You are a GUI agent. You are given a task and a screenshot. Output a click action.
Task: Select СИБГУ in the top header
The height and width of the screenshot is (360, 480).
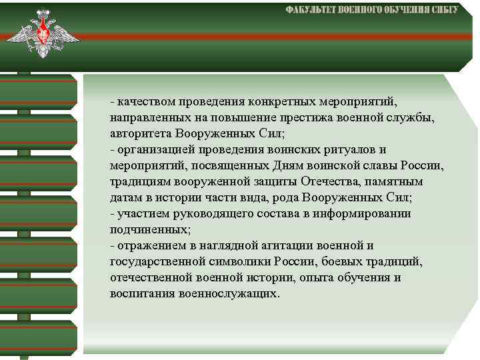click(442, 10)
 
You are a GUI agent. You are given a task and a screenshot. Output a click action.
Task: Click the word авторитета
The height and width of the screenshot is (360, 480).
click(139, 134)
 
